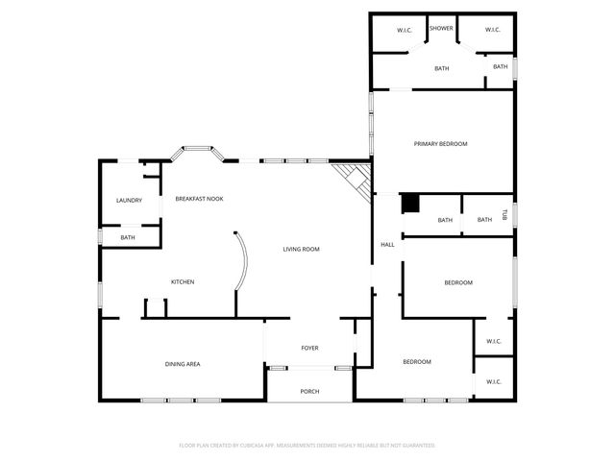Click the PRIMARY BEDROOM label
coord(440,144)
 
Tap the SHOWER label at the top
coord(441,29)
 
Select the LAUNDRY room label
coord(129,201)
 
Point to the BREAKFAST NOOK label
coord(199,199)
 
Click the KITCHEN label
coord(183,281)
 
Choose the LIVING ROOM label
coord(301,249)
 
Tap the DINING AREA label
coord(182,364)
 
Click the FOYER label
coord(309,348)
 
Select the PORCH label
coord(309,391)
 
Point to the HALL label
coord(387,245)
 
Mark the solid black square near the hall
coord(410,203)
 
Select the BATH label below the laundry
coord(128,237)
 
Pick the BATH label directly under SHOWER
coord(441,68)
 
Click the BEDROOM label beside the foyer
coord(416,361)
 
